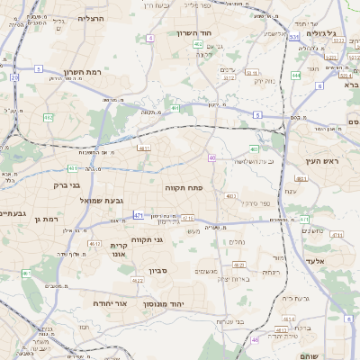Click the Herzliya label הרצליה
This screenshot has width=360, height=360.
(91, 18)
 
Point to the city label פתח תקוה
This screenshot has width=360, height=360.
(184, 188)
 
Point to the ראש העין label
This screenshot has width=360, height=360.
(319, 161)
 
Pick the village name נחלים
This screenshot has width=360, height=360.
(237, 240)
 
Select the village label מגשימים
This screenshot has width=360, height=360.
(207, 269)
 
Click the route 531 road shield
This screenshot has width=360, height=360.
(294, 37)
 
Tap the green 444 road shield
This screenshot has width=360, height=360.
(296, 76)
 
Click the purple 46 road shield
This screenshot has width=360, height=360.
(255, 340)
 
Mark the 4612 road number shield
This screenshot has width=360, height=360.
(94, 244)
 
